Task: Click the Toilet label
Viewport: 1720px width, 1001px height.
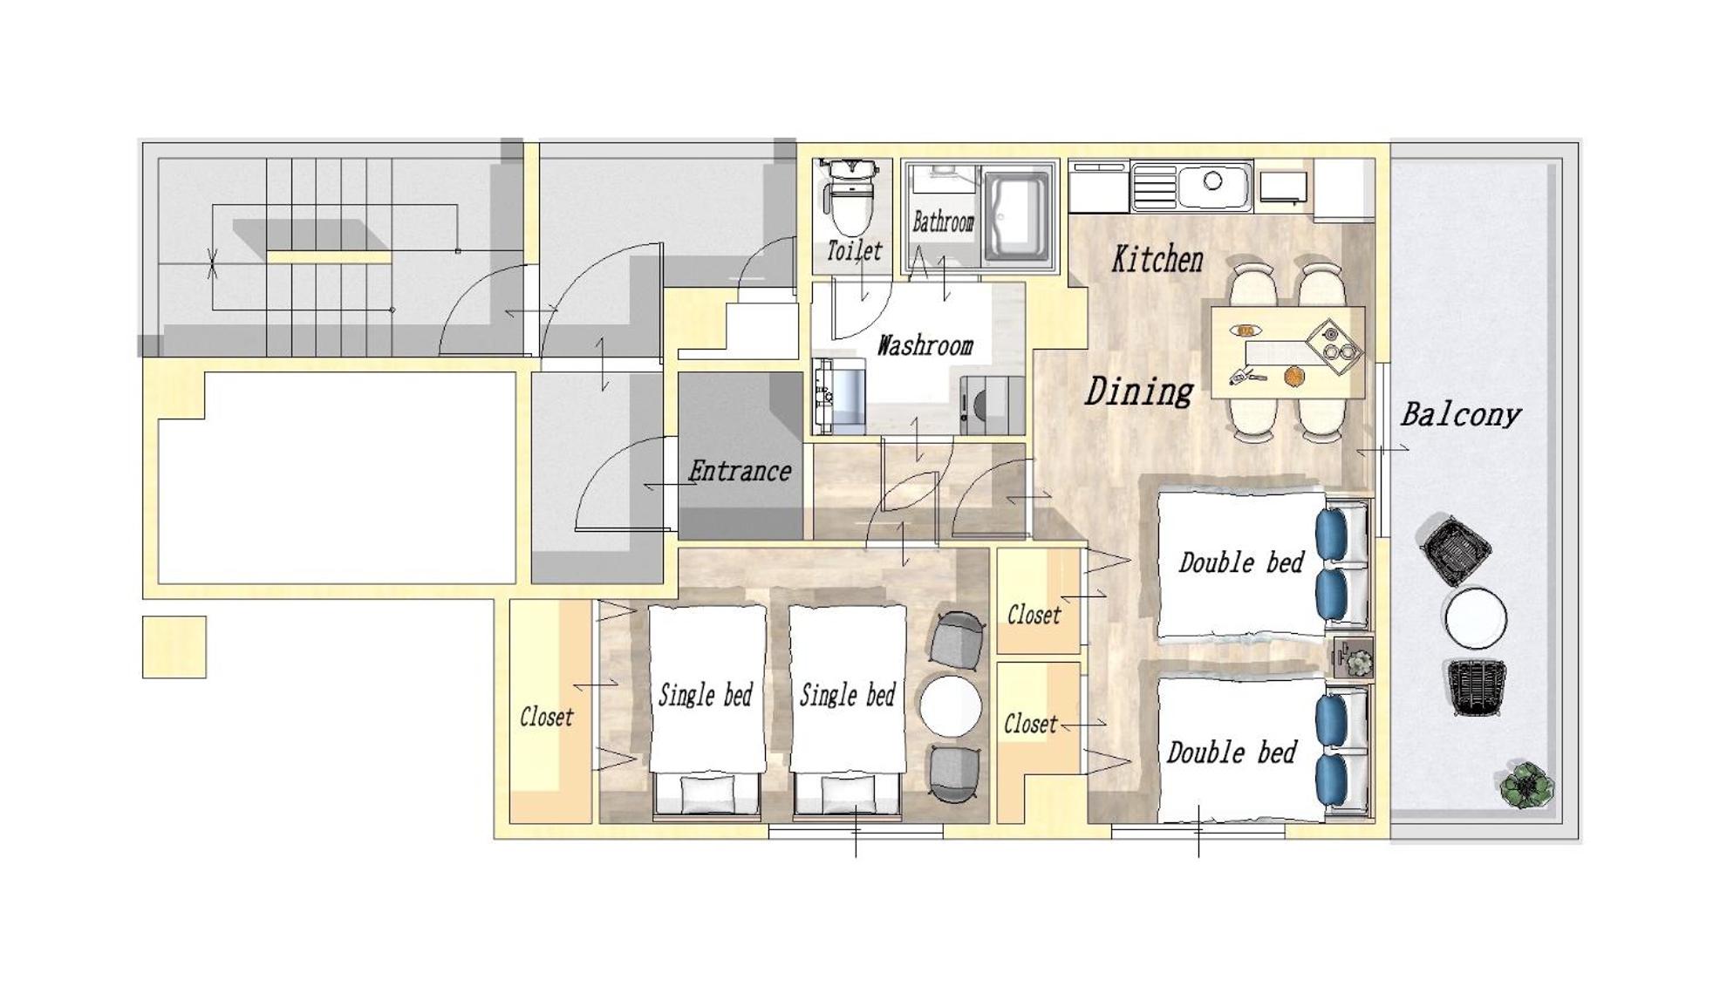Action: click(854, 251)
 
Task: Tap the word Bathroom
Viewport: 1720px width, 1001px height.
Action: click(943, 222)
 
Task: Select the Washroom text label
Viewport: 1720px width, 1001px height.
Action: click(925, 345)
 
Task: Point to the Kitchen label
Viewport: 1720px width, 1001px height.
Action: click(1157, 259)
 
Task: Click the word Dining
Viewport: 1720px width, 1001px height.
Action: click(1138, 391)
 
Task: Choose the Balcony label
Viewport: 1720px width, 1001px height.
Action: click(1460, 414)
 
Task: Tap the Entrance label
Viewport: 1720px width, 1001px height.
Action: click(740, 471)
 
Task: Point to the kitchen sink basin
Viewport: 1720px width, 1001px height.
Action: click(1213, 183)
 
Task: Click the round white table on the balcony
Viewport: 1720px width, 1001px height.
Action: click(1475, 617)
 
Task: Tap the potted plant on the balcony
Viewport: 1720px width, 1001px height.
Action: click(1526, 785)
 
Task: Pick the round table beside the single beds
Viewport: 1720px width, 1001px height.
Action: click(951, 706)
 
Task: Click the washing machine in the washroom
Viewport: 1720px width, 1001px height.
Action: click(992, 405)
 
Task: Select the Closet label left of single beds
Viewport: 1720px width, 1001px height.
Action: click(547, 717)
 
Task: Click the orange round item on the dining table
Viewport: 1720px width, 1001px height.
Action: click(1293, 376)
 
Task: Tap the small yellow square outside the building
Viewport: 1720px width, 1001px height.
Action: click(174, 647)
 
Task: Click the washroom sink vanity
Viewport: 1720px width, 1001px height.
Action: click(839, 397)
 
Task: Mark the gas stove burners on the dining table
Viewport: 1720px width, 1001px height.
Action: click(1334, 342)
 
